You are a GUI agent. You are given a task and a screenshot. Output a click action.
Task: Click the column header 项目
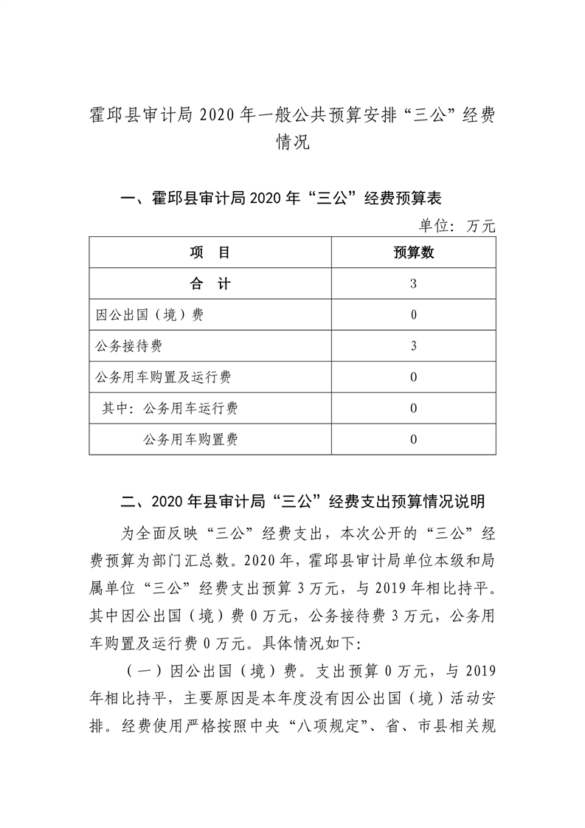[x=210, y=253]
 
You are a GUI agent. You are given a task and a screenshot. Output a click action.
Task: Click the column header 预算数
[x=413, y=253]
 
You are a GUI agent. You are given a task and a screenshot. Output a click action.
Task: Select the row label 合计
[x=210, y=284]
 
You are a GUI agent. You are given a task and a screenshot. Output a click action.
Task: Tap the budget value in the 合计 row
[x=413, y=284]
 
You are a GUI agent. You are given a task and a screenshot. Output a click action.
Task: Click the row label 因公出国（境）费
[x=150, y=315]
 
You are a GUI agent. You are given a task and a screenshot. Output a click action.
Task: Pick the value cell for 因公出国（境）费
[x=413, y=315]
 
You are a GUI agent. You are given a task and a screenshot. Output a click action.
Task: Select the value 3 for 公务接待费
[x=413, y=346]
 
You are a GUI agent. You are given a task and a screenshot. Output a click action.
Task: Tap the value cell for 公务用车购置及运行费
[x=413, y=377]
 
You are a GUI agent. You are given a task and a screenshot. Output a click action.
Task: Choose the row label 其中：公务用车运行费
[x=170, y=408]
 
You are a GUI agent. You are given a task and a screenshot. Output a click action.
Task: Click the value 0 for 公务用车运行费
[x=413, y=408]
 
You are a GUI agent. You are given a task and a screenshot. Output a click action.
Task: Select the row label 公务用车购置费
[x=190, y=440]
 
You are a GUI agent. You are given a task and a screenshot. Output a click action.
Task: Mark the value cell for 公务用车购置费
[x=413, y=440]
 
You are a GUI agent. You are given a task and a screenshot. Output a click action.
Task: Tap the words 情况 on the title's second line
[x=292, y=142]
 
